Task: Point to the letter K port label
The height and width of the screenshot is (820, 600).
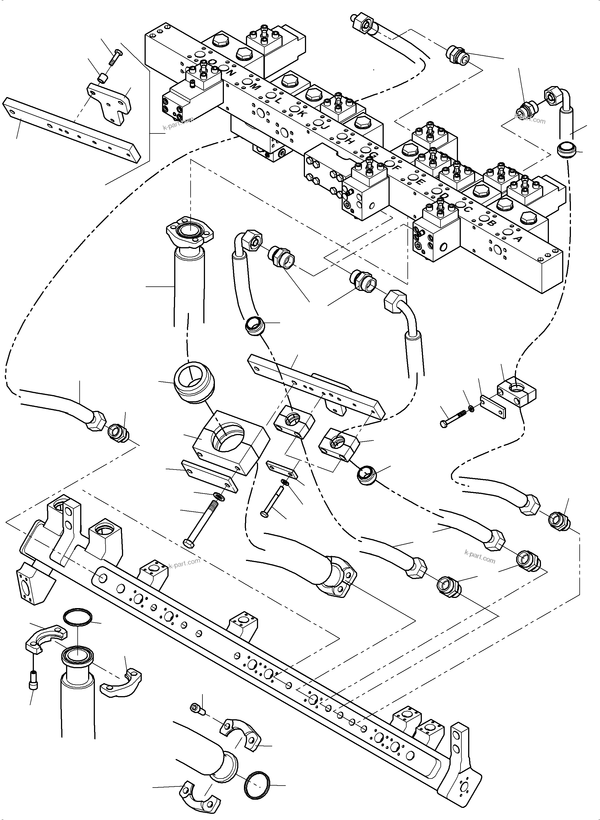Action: pyautogui.click(x=301, y=113)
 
